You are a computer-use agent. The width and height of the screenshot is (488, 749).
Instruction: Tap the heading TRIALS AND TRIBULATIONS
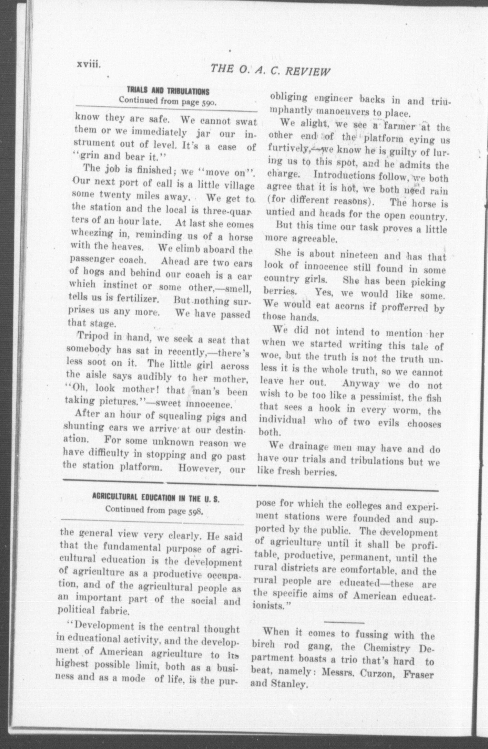[168, 92]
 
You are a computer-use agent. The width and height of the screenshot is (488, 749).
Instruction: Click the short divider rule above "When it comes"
[344, 622]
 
